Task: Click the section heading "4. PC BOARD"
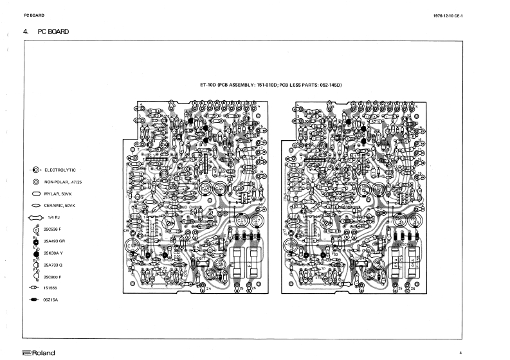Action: [x=46, y=32]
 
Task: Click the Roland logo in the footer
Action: [x=38, y=353]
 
